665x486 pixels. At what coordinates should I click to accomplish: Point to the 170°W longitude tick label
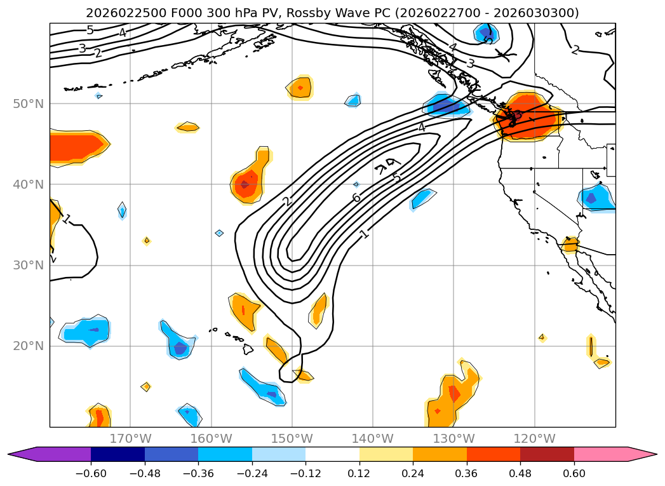tap(130, 438)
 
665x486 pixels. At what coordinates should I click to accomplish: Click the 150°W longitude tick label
tap(292, 438)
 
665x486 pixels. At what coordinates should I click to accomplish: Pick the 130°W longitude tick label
tap(453, 438)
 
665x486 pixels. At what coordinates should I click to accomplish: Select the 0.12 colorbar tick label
tap(359, 473)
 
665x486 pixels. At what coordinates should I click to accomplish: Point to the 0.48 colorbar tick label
tap(520, 473)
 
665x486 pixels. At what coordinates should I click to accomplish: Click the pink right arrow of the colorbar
tap(641, 454)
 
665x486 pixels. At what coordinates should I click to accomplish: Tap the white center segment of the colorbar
tap(332, 454)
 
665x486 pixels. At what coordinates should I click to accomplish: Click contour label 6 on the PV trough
tap(356, 198)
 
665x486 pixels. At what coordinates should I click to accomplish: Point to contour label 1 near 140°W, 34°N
tap(364, 234)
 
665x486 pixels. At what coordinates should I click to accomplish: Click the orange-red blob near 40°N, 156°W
tap(244, 185)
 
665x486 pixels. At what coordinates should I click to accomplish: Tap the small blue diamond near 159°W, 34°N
tap(219, 233)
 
